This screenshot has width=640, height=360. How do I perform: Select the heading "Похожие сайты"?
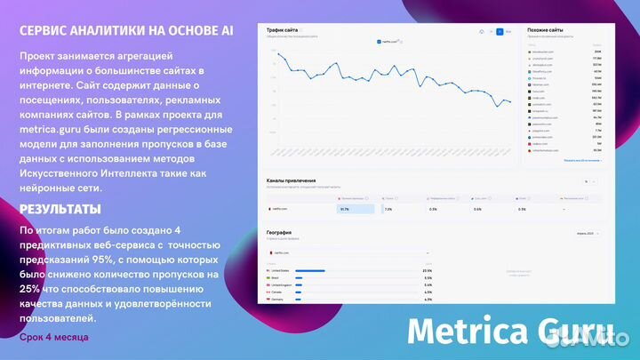(x=545, y=29)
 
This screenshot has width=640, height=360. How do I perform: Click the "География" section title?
(x=280, y=233)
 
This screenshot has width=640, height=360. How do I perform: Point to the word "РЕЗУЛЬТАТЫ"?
(x=60, y=210)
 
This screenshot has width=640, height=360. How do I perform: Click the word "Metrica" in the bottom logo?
(x=468, y=332)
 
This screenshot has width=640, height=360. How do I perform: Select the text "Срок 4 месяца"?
(x=54, y=338)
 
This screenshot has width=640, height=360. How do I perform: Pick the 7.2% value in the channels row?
(x=388, y=209)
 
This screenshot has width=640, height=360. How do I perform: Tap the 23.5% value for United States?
(x=428, y=270)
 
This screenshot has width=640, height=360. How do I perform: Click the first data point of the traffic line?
(x=277, y=54)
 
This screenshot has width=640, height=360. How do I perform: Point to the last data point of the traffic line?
(x=510, y=102)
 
